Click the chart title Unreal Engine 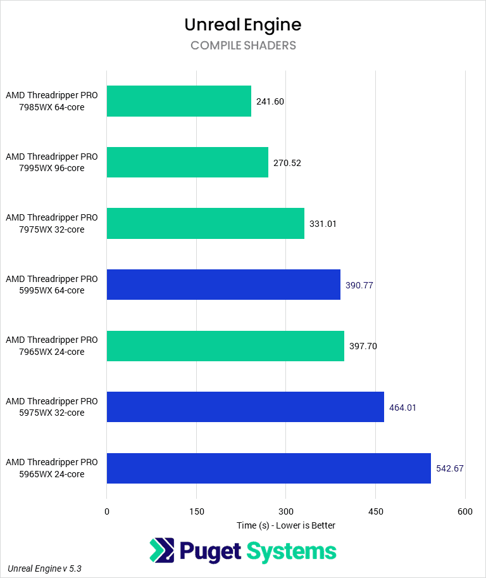pos(243,25)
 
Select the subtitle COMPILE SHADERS pos(243,46)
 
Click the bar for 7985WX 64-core pos(179,101)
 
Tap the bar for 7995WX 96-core pos(187,162)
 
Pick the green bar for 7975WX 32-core pos(206,224)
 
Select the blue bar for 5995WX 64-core pos(223,285)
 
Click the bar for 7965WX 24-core pos(225,346)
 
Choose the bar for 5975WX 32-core pos(246,407)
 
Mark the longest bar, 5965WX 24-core pos(269,468)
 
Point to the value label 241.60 pos(270,101)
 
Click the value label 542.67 pos(450,468)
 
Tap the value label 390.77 pos(359,285)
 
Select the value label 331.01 pos(323,224)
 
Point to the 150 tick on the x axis pos(196,511)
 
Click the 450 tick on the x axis pos(375,511)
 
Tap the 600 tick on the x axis pos(465,511)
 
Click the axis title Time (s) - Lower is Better pos(286,525)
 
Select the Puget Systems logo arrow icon pos(161,550)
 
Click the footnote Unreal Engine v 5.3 pos(44,568)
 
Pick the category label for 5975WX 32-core pos(52,407)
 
